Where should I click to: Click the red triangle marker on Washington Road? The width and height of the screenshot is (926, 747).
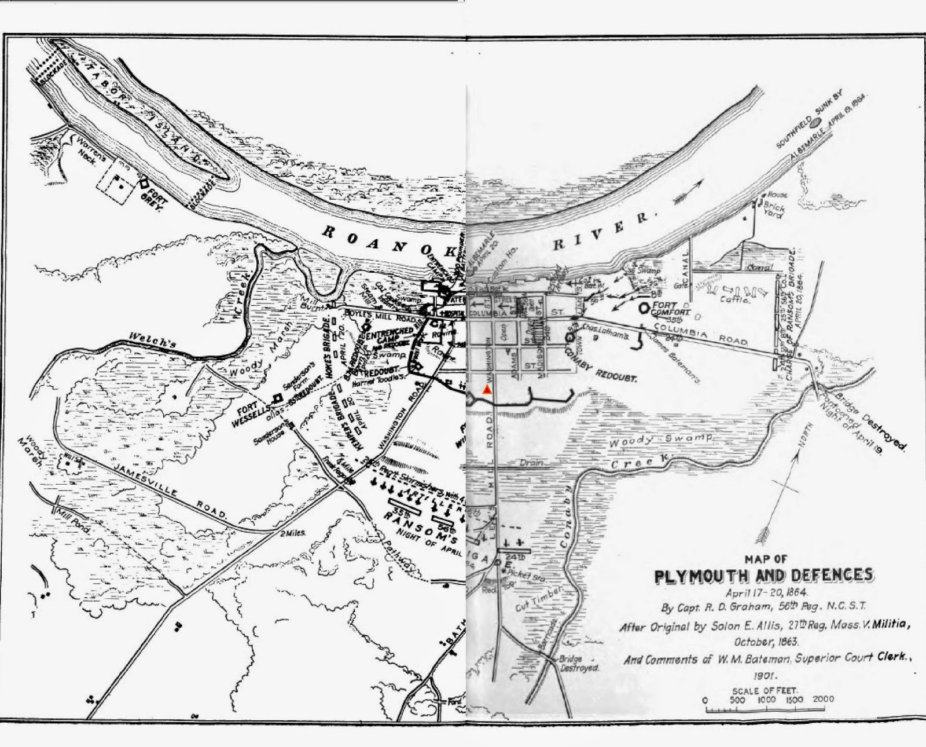coord(487,390)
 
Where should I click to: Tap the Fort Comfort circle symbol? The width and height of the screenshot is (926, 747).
coord(644,308)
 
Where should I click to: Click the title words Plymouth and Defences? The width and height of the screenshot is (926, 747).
coord(763,575)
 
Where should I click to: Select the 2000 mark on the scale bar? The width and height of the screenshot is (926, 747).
coord(823,699)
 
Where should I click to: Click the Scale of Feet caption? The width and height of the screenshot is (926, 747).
coord(764,690)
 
